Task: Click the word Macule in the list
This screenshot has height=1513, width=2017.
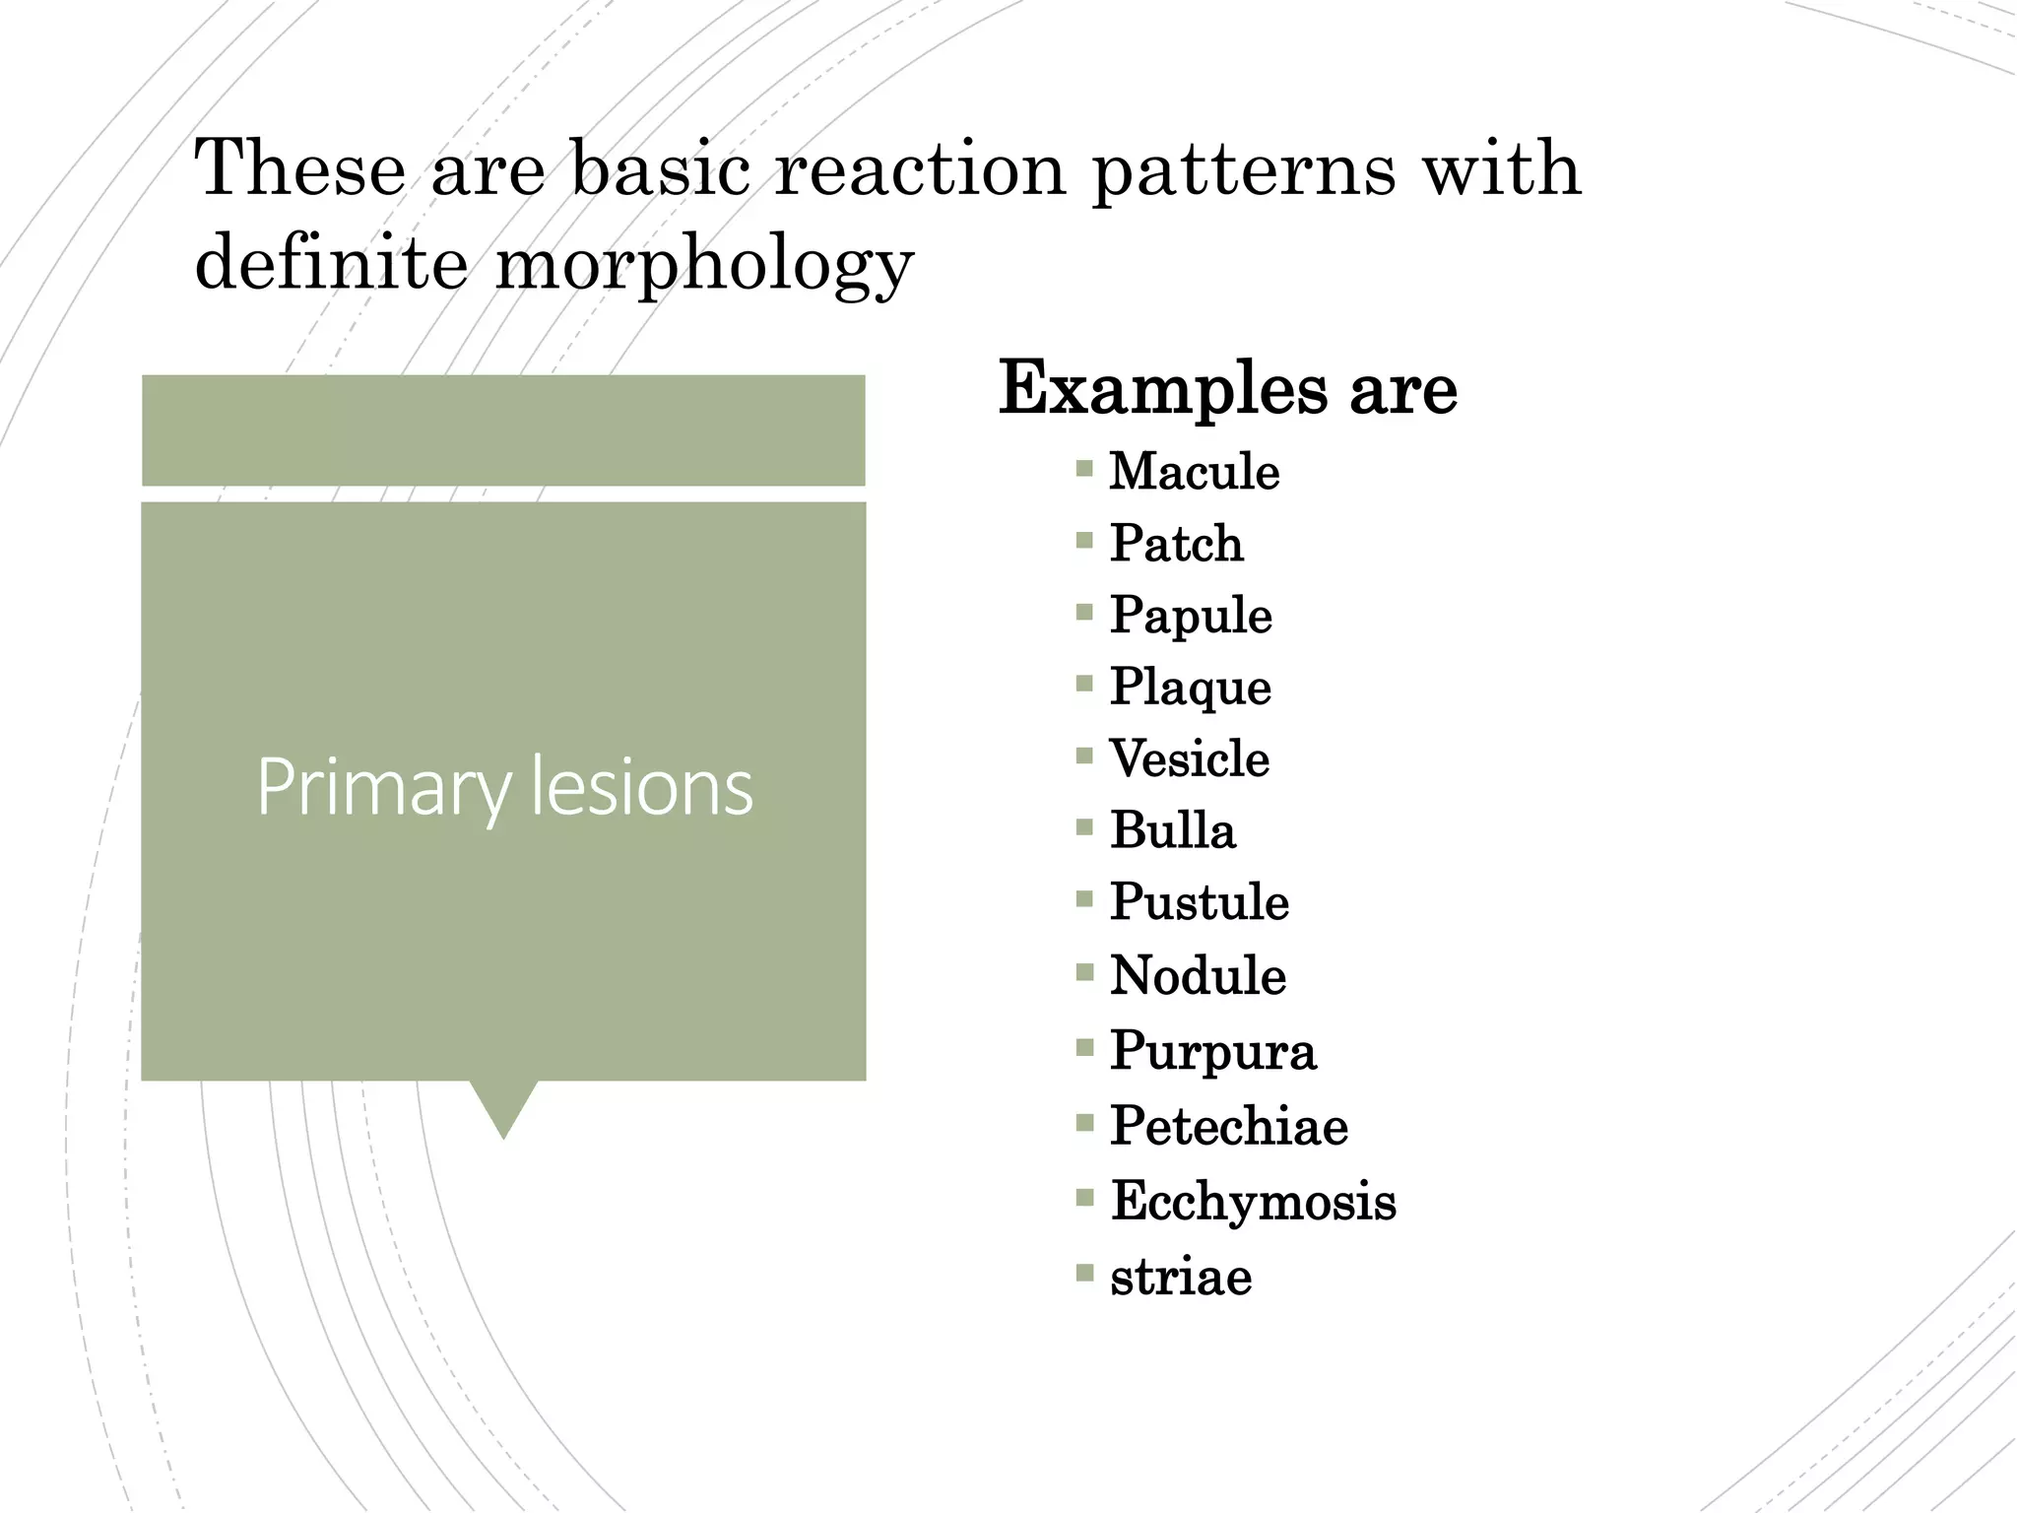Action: coord(1194,471)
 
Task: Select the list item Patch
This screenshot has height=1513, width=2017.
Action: coord(1176,543)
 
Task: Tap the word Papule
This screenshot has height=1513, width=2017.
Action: coord(1191,616)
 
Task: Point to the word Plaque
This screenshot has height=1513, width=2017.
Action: coord(1190,687)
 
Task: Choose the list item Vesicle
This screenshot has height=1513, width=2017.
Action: coord(1189,758)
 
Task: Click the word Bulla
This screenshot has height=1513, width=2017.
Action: coord(1172,830)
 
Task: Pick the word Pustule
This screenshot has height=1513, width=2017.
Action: coord(1199,902)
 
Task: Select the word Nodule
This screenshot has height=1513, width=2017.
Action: coord(1198,975)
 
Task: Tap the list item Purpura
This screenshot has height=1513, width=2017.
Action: coord(1212,1050)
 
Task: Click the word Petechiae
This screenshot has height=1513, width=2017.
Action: coord(1228,1125)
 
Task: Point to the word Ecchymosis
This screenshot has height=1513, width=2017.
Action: coord(1253,1201)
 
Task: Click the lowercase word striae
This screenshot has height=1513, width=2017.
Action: coord(1181,1277)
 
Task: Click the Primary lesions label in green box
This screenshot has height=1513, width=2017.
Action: coord(504,787)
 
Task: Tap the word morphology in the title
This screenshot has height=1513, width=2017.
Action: coord(703,263)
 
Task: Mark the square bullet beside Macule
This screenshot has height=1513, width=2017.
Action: coord(1084,468)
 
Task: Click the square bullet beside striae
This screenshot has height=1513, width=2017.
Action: coord(1084,1273)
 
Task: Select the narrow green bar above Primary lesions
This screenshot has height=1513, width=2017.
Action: coord(503,430)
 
